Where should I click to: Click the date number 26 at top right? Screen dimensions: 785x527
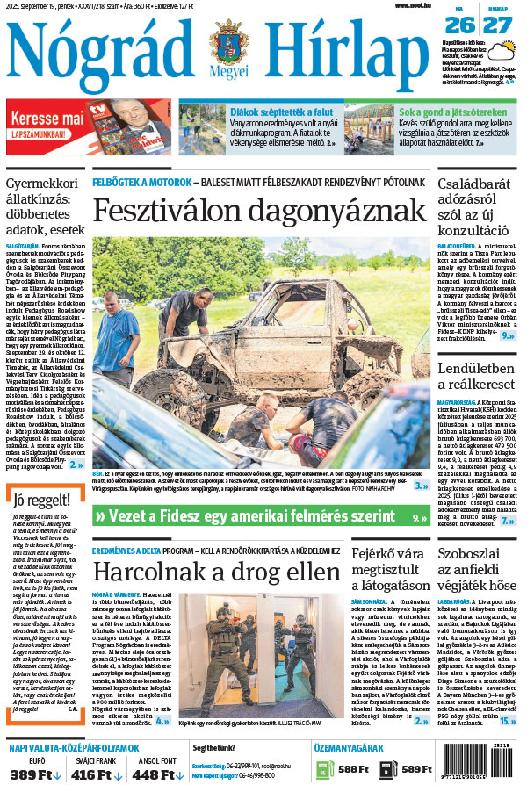465,24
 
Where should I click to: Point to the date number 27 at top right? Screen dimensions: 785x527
498,24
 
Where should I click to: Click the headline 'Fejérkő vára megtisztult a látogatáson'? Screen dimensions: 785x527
386,575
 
